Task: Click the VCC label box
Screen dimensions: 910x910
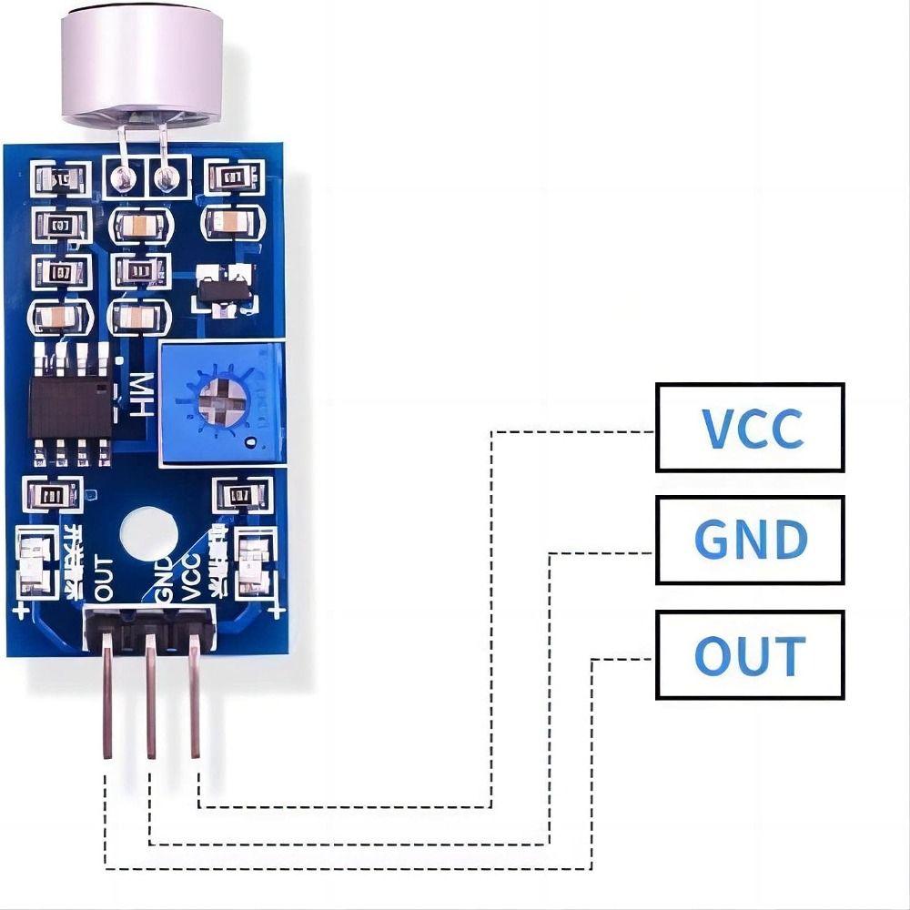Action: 750,427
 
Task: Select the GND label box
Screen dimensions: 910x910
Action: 750,540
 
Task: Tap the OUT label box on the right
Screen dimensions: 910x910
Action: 750,654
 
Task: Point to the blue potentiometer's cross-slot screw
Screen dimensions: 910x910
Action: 219,399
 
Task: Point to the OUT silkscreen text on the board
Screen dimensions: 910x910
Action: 104,578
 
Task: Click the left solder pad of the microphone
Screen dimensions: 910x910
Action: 121,177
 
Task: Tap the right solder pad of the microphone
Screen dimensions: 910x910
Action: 166,177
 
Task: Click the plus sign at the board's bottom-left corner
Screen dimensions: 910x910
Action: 21,612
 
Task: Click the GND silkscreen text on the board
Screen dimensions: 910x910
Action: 164,581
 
